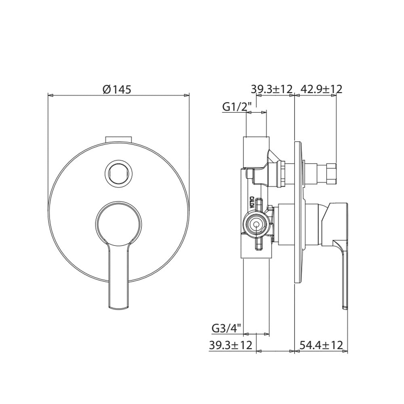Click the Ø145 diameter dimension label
(117, 89)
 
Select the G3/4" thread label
(227, 329)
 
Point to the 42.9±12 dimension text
(321, 89)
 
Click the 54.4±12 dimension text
(322, 345)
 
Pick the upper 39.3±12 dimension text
(271, 89)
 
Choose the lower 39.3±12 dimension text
(230, 345)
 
